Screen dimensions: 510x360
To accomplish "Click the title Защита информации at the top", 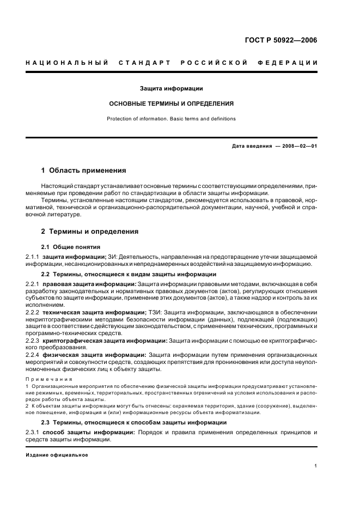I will (x=172, y=88).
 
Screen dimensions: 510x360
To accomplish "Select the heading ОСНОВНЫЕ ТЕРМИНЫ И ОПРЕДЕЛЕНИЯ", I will (x=172, y=103).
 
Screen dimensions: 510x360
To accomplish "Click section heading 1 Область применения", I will (x=84, y=171).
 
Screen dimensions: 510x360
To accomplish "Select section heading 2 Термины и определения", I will (x=90, y=232).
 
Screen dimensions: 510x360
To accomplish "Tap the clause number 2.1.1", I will (x=33, y=257).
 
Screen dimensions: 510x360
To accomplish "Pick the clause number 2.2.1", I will (x=33, y=284).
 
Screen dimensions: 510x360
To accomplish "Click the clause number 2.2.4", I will (x=33, y=355).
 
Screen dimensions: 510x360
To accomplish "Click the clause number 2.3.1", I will (x=33, y=433).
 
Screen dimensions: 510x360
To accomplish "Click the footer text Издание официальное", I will (x=57, y=455).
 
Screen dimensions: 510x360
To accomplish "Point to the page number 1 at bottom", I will (x=316, y=466).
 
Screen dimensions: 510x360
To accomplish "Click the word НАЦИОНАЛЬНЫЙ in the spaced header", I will (x=66, y=63).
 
